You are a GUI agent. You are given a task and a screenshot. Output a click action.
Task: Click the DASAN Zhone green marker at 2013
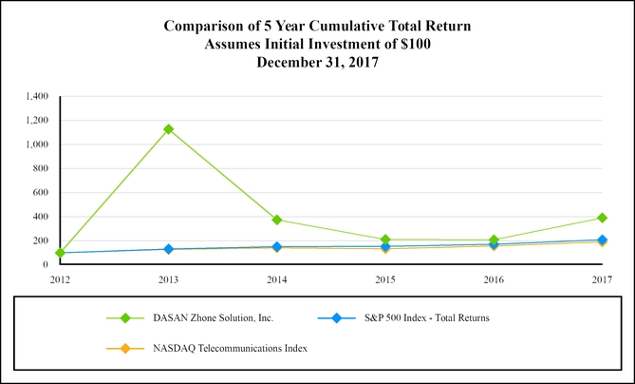point(168,129)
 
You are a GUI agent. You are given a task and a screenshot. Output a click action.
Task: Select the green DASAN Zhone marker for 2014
point(277,220)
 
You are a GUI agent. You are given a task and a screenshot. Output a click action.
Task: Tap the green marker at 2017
point(602,218)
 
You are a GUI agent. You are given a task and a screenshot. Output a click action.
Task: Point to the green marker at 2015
point(385,240)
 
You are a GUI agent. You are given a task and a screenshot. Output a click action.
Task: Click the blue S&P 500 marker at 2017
point(602,240)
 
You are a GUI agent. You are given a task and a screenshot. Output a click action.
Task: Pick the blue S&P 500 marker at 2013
point(168,249)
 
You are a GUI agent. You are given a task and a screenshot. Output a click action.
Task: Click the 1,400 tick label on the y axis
point(37,96)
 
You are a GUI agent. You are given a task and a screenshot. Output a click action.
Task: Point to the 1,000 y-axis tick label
point(37,144)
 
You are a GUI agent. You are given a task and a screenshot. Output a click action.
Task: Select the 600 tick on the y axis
point(42,193)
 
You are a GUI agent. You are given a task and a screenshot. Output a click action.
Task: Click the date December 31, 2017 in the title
point(317,62)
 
